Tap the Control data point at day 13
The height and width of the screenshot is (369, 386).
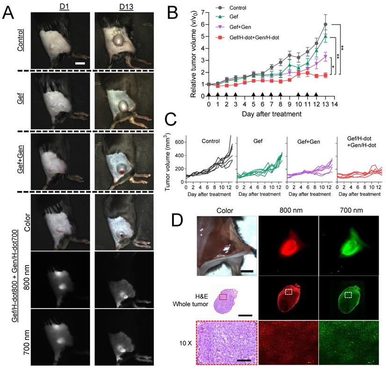pos(325,24)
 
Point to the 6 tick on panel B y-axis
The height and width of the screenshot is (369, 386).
pos(203,24)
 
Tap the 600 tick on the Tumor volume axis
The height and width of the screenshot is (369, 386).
pos(178,141)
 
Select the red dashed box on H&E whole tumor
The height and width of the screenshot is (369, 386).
pos(224,297)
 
